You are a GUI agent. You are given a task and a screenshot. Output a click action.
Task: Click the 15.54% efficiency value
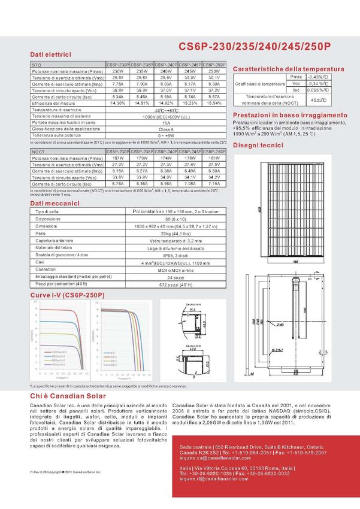[214, 103]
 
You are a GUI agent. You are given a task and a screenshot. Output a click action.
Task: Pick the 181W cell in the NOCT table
[214, 158]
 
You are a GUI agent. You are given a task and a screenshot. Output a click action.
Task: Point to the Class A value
[166, 129]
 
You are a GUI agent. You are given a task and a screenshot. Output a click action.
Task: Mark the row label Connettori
[46, 269]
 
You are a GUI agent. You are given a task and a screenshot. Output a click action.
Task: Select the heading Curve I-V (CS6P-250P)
[67, 295]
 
